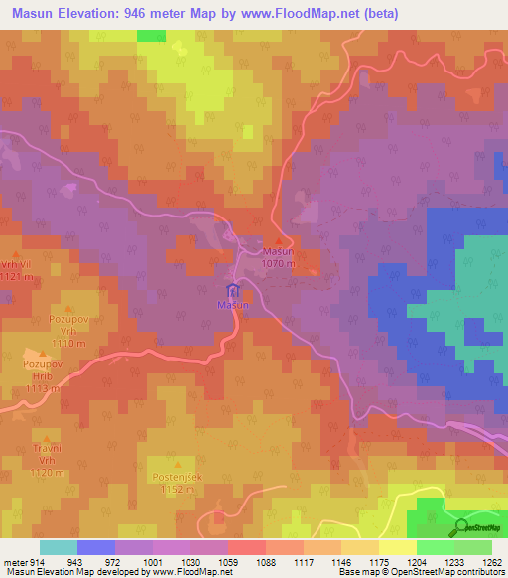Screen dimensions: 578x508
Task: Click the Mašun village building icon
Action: pyautogui.click(x=233, y=291)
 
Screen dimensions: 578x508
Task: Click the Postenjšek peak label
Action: pyautogui.click(x=170, y=478)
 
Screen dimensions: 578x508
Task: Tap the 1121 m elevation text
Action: pyautogui.click(x=19, y=278)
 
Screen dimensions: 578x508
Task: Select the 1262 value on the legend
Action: pyautogui.click(x=492, y=561)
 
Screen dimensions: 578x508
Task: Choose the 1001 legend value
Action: pyautogui.click(x=153, y=561)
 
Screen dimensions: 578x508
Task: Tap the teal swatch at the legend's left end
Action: pyautogui.click(x=58, y=547)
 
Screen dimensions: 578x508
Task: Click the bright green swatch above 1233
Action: pyautogui.click(x=435, y=547)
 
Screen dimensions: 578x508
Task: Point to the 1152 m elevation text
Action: pyautogui.click(x=170, y=490)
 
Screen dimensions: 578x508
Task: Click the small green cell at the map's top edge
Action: pyautogui.click(x=151, y=35)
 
